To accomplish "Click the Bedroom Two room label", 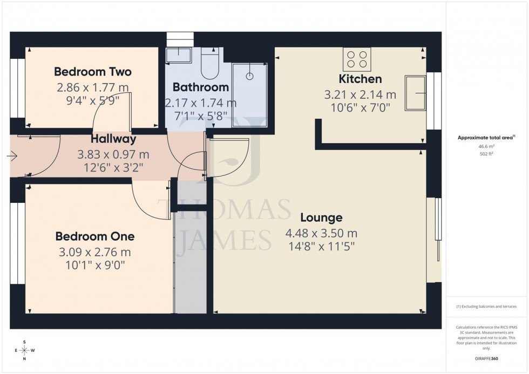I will [93, 72].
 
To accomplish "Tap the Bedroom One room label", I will [95, 236].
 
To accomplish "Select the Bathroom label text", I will [200, 87].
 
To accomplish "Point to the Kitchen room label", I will [360, 79].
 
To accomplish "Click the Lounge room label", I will [321, 218].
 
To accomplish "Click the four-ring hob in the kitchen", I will [357, 60].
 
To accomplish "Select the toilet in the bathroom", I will [208, 64].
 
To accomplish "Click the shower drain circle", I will [249, 76].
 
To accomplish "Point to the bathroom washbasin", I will [178, 55].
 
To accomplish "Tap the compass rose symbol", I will [24, 350].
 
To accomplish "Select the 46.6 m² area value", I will [486, 146].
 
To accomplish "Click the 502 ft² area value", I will [486, 153].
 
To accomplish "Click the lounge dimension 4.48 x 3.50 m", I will [321, 234].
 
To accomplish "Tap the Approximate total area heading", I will [485, 138].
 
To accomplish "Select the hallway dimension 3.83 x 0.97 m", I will [112, 154].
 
